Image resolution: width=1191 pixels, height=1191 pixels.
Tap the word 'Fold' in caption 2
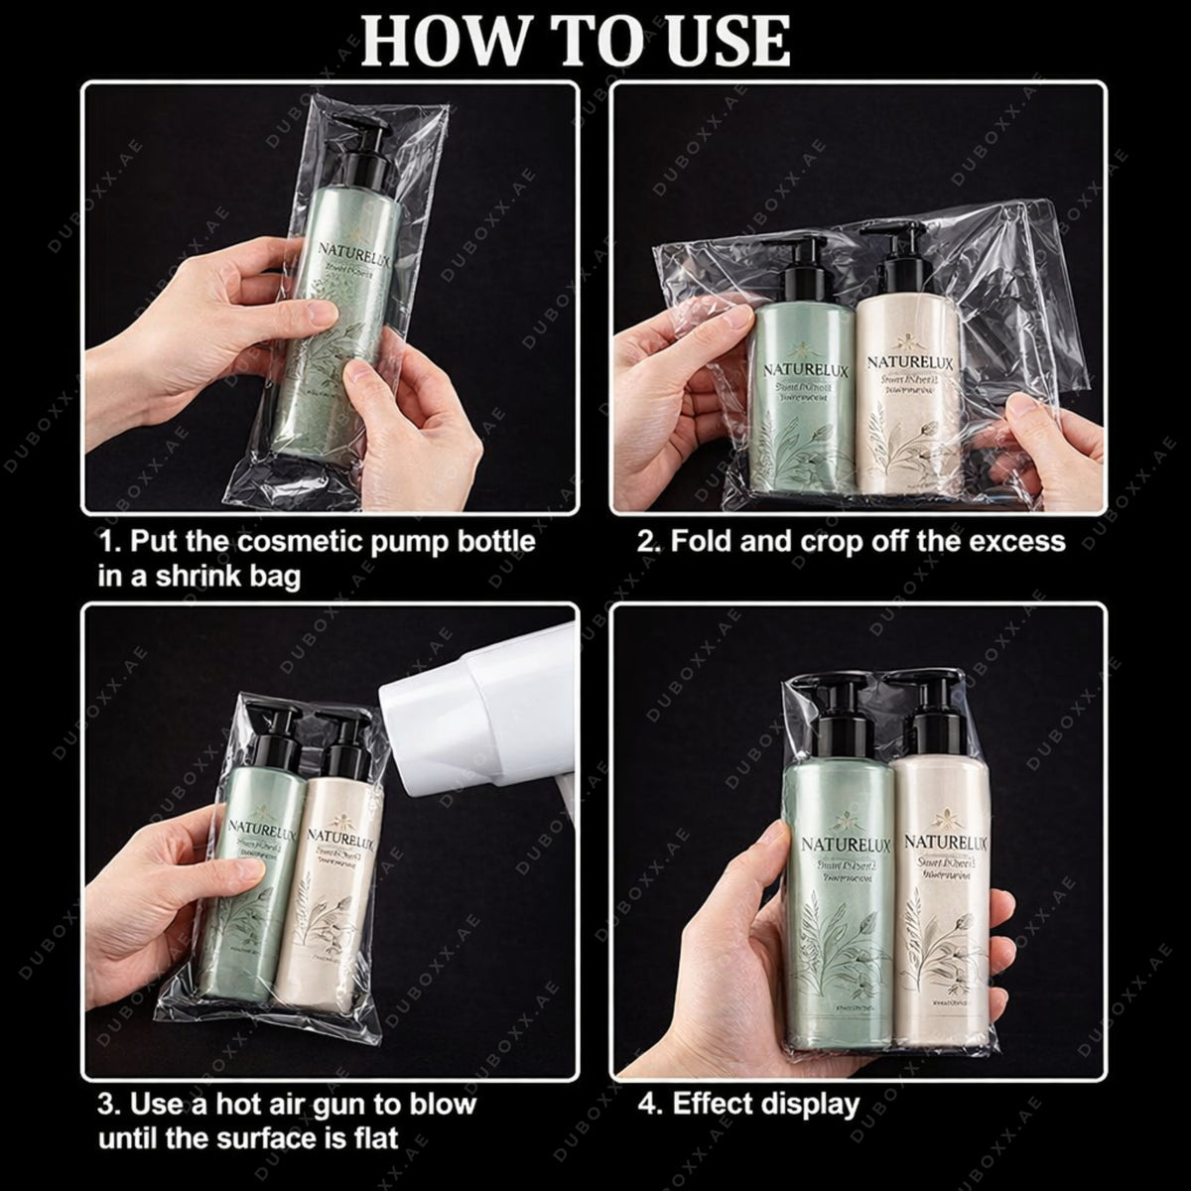703,542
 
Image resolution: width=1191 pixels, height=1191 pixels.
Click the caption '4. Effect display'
747,1104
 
